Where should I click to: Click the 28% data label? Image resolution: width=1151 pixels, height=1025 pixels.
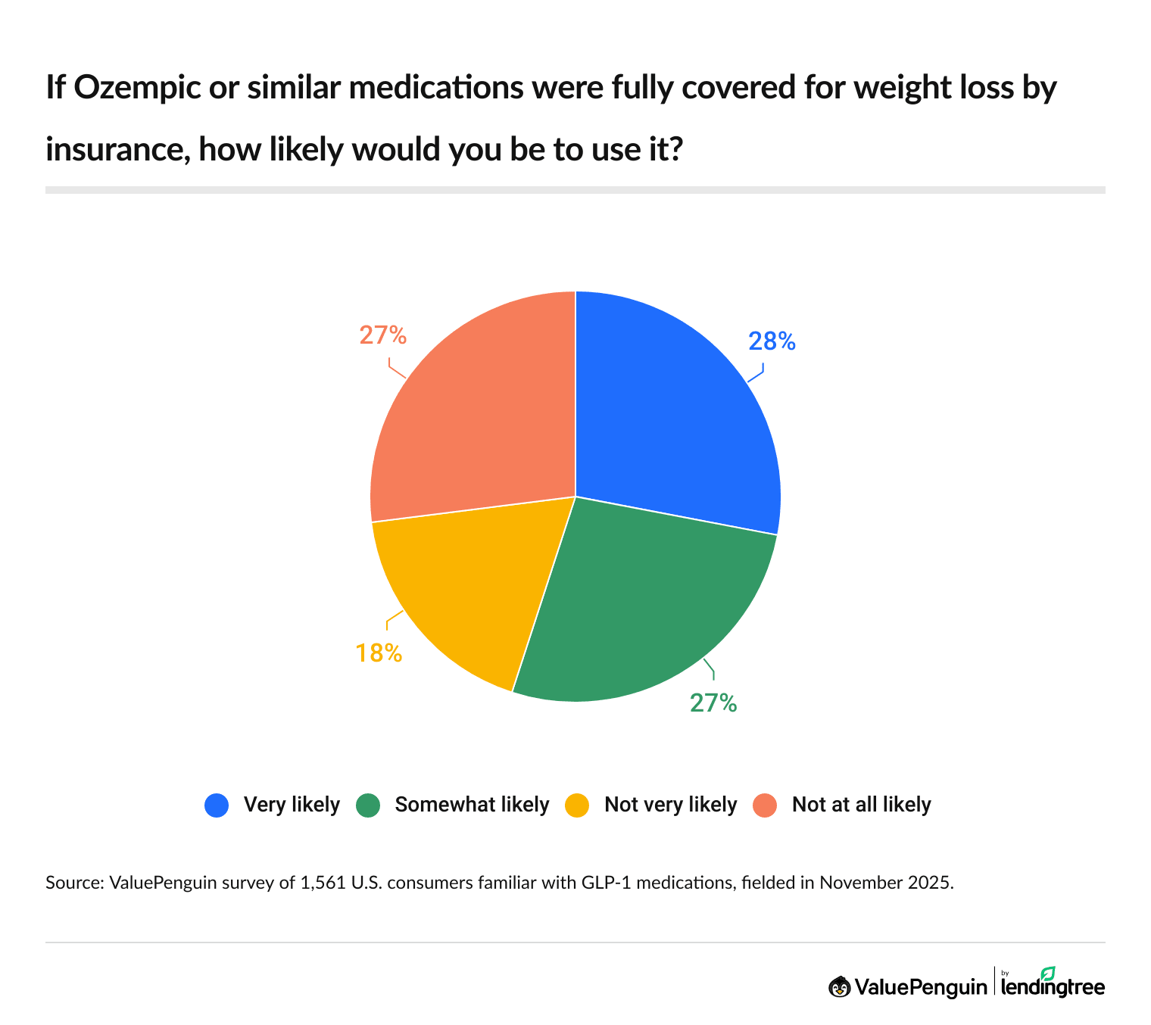click(772, 342)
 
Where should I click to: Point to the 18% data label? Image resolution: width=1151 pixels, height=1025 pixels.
click(379, 653)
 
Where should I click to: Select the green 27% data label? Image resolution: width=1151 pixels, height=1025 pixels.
click(713, 703)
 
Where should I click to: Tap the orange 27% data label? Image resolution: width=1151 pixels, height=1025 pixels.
click(382, 335)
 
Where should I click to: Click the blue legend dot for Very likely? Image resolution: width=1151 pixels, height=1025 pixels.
click(217, 805)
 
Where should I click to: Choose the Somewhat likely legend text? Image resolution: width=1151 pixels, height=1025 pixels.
click(472, 805)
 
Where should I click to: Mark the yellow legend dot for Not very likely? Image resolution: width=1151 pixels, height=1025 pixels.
click(577, 805)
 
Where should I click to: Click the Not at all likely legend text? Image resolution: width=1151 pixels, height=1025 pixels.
click(861, 805)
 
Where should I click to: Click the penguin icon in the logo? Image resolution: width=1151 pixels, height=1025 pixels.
click(839, 986)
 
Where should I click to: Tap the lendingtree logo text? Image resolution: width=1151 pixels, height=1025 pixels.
click(1053, 987)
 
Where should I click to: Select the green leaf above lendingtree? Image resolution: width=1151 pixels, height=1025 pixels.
click(1047, 972)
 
